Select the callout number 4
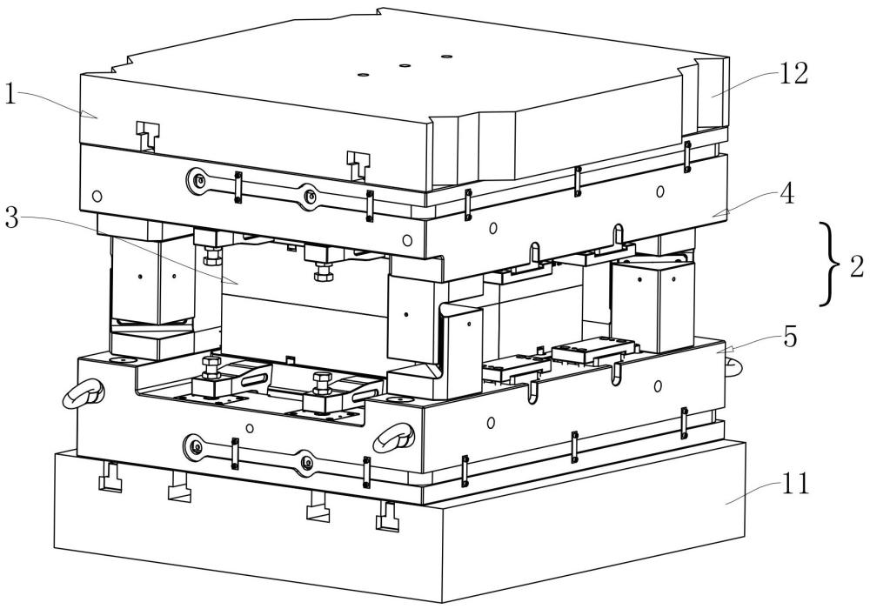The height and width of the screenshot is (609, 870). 786,195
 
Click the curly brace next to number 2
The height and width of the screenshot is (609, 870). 830,263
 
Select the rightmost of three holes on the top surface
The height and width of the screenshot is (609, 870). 447,57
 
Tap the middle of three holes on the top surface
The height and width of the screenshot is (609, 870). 404,64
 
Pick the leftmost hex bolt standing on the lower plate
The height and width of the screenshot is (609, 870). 210,365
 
